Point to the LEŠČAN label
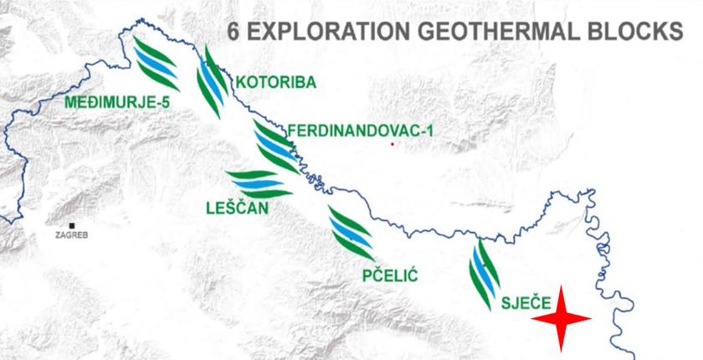tap(238, 207)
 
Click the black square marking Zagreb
tap(73, 226)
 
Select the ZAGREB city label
tap(71, 236)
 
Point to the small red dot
tap(392, 144)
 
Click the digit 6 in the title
tap(234, 33)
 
